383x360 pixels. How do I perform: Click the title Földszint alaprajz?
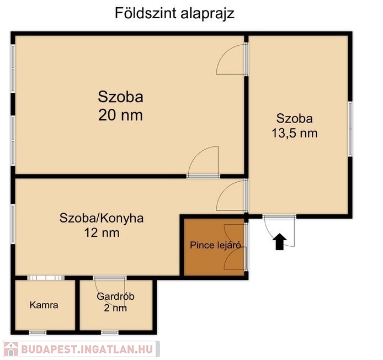(174, 13)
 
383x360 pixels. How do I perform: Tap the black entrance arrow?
(279, 242)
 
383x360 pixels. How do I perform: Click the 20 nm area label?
(120, 115)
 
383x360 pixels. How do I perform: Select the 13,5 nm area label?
(295, 134)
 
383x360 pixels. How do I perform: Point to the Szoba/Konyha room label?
(102, 218)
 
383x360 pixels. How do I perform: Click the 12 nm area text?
(102, 232)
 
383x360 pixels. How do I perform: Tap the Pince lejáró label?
(215, 245)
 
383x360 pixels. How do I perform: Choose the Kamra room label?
(44, 305)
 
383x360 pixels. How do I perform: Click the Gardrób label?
(115, 297)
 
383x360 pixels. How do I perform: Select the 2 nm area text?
(115, 308)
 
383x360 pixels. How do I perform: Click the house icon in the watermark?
(10, 349)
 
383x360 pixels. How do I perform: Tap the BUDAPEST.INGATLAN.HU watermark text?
(87, 350)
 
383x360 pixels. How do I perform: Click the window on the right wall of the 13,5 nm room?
(350, 129)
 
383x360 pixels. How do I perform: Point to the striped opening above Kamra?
(46, 278)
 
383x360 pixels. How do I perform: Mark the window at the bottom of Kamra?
(38, 332)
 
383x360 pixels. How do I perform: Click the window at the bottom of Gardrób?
(110, 332)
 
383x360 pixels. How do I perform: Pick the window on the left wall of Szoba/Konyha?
(13, 224)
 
